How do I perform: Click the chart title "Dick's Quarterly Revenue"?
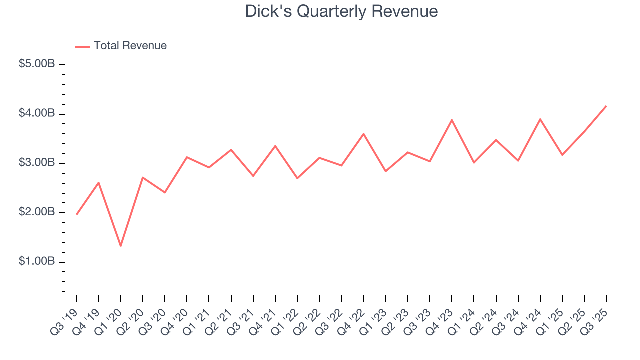pos(341,11)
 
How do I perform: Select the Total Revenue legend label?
pos(130,46)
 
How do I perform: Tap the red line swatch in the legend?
pos(82,46)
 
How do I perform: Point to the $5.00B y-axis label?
pos(37,64)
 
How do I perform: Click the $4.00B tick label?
pos(37,114)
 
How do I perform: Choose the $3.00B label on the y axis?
pos(37,163)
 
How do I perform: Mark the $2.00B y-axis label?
pos(37,212)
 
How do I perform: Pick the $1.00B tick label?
pos(37,262)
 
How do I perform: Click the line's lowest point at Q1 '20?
pos(121,246)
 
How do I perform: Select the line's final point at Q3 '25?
pos(606,106)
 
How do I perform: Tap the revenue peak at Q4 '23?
pos(452,120)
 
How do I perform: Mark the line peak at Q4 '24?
pos(540,119)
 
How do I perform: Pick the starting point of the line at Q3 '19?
pos(76,214)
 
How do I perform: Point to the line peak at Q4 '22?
pos(363,134)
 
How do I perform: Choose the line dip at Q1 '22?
pos(297,178)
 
